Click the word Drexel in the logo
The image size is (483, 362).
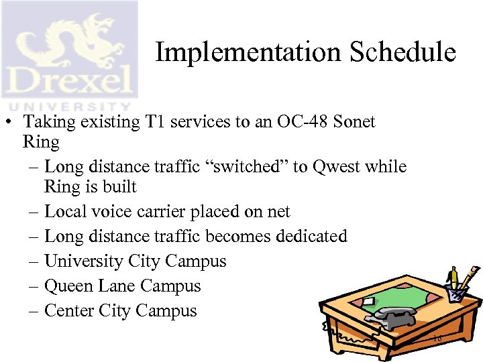click(67, 82)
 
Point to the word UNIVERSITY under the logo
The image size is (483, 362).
click(67, 105)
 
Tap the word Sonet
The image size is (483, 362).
click(354, 122)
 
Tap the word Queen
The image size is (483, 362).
click(67, 286)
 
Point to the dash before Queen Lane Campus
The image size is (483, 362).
click(34, 286)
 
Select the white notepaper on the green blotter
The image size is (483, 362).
click(368, 302)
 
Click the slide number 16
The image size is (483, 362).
click(437, 339)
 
